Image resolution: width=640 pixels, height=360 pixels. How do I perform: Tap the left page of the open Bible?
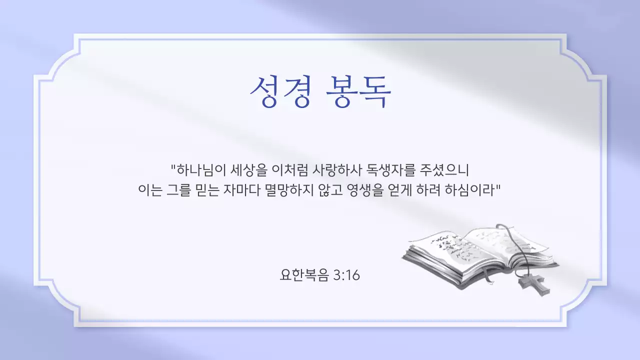tap(442, 248)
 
